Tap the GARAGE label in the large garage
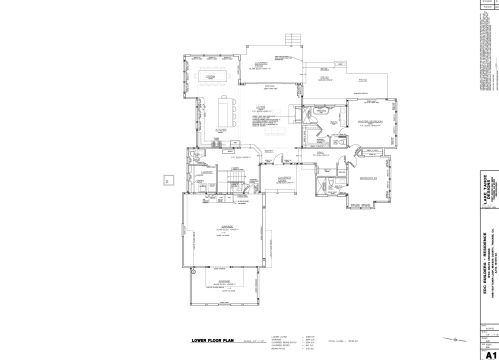coord(226,228)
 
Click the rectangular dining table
coord(211,77)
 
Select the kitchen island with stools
coord(224,111)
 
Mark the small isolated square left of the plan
coord(167,180)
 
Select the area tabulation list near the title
coord(284,341)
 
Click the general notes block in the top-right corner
coord(487,40)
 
